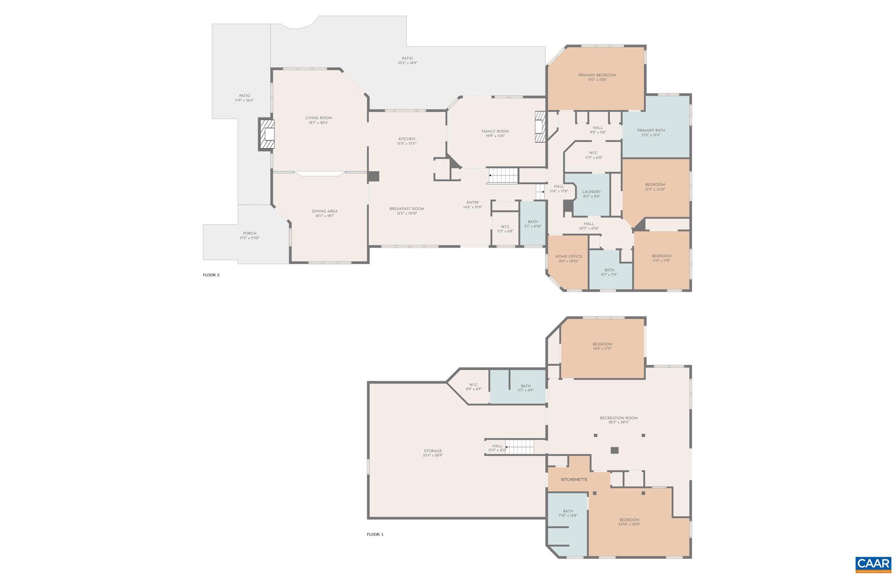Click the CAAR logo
pyautogui.click(x=873, y=564)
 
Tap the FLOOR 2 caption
pyautogui.click(x=211, y=275)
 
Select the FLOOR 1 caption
pyautogui.click(x=375, y=534)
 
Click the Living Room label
pyautogui.click(x=319, y=118)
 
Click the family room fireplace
pyautogui.click(x=540, y=126)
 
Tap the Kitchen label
pyautogui.click(x=406, y=139)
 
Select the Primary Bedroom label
pyautogui.click(x=597, y=75)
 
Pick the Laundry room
pyautogui.click(x=591, y=194)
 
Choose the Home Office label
pyautogui.click(x=569, y=256)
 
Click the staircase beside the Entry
pyautogui.click(x=503, y=175)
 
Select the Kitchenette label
pyautogui.click(x=574, y=480)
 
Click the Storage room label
pyautogui.click(x=433, y=451)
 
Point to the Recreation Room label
pyautogui.click(x=618, y=418)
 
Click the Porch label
pyautogui.click(x=250, y=234)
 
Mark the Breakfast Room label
pyautogui.click(x=406, y=209)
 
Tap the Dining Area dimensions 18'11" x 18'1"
pyautogui.click(x=324, y=216)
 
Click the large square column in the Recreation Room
pyautogui.click(x=614, y=450)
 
